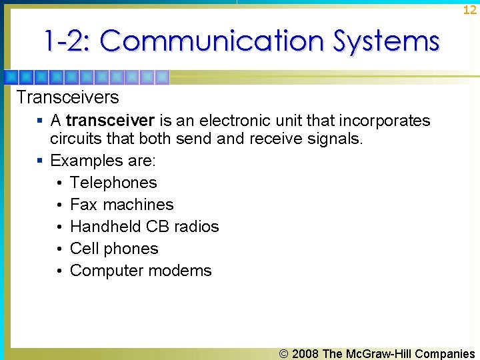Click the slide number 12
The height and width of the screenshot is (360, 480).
coord(470,9)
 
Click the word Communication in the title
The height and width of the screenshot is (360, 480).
coord(213,41)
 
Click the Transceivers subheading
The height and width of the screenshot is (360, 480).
coord(67,97)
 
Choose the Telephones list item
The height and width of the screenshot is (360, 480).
coord(113,183)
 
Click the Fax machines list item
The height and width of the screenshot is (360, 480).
coord(121,205)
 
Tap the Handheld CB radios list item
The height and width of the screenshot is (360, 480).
coord(144,227)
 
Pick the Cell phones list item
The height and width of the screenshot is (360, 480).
coord(114,249)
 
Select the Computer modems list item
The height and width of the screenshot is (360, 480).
coord(141,271)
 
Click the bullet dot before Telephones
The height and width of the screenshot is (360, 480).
coord(59,183)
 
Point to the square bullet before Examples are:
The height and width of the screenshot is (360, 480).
coord(41,161)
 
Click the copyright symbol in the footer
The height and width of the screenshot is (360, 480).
coord(284,353)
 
